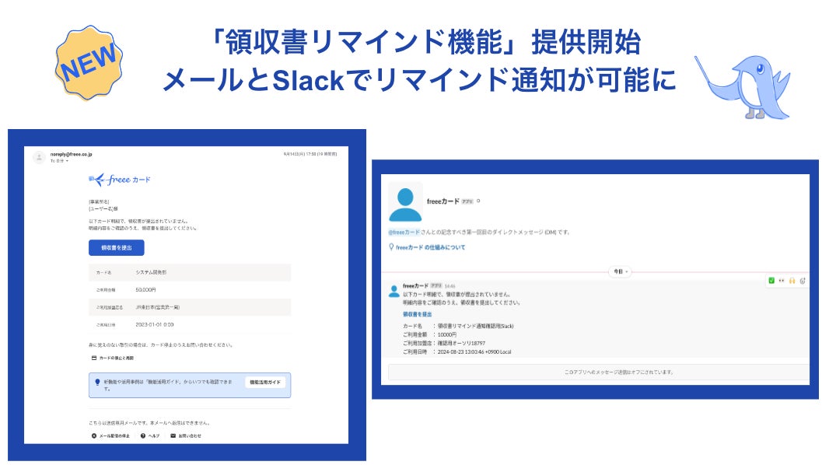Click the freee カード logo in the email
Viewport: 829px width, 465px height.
(120, 180)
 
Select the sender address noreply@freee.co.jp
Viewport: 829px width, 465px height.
(72, 155)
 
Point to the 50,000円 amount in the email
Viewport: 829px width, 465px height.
(145, 289)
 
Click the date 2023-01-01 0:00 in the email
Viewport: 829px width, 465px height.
(155, 323)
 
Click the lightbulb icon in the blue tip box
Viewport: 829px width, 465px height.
(97, 382)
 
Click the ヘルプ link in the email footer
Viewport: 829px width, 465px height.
(150, 435)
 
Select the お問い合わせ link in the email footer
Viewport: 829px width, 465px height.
(186, 435)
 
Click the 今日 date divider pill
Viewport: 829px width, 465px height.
(619, 272)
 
